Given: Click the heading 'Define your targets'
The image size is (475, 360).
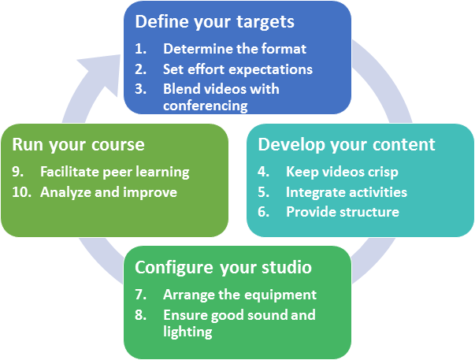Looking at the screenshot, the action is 214,22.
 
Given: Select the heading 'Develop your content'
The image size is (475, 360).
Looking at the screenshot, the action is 347,144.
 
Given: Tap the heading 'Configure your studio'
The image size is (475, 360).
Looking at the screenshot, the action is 223,268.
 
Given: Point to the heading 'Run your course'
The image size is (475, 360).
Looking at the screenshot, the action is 78,145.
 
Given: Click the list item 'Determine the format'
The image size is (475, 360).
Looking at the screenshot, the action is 235,49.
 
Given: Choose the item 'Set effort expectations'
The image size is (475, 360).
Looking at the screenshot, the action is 238,69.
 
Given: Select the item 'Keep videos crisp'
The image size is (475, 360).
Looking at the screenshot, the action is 342,172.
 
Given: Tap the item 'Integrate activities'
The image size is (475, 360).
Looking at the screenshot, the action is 347,192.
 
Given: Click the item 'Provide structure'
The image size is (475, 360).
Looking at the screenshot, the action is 343,212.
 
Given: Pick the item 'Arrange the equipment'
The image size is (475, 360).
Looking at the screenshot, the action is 240,295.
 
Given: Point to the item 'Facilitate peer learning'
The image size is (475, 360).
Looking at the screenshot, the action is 115,172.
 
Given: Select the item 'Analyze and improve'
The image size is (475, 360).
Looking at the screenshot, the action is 109,192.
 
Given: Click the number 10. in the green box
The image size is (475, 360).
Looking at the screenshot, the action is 22,192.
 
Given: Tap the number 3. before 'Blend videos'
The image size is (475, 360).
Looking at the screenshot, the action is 141,89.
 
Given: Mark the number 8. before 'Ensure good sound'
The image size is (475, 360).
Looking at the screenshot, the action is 141,315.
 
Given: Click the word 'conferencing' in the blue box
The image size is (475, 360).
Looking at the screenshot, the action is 206,106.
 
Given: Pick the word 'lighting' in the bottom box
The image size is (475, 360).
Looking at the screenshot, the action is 187,332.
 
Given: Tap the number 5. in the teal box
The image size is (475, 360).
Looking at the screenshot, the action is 264,192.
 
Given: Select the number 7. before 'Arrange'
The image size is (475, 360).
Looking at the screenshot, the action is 141,295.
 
